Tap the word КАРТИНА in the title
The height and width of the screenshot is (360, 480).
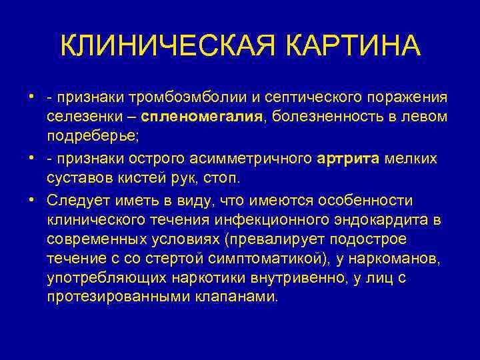click(x=354, y=47)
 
